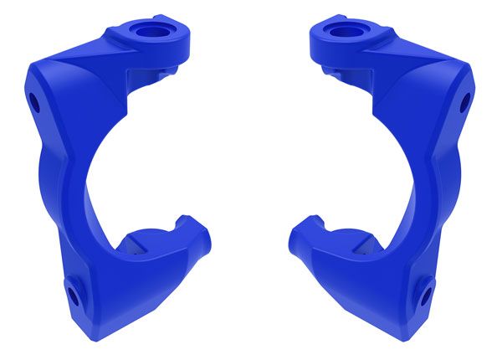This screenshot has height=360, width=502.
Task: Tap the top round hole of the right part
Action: [x=344, y=33]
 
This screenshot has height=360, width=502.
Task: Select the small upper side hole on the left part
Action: [x=34, y=104]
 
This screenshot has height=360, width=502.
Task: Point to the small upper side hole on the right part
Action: [x=466, y=103]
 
